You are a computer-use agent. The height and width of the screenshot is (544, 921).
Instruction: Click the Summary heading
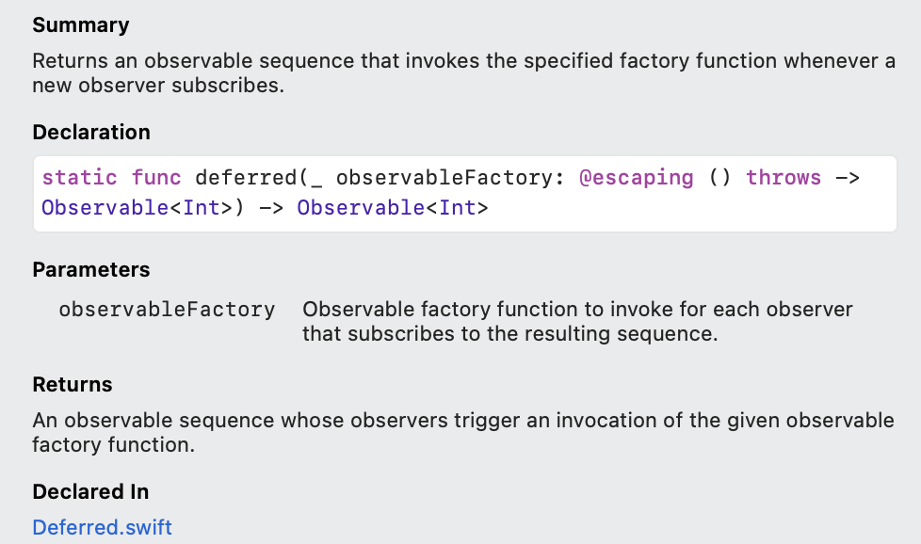click(81, 25)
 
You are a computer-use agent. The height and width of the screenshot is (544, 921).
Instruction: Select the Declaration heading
click(91, 133)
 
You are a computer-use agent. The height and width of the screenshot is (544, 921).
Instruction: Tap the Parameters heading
click(91, 270)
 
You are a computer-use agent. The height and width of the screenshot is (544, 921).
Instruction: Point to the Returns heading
click(73, 385)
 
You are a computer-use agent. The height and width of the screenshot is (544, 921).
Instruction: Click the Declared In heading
click(90, 492)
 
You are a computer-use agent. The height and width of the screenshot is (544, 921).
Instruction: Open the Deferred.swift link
click(103, 527)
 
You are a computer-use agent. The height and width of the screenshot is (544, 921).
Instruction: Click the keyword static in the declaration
click(80, 178)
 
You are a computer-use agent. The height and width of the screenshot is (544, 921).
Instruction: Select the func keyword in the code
click(156, 178)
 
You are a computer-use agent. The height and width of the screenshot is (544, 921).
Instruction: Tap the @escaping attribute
click(636, 178)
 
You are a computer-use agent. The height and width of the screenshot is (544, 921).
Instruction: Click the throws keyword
click(784, 178)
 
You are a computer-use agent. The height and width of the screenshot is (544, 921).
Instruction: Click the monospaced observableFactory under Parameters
click(167, 310)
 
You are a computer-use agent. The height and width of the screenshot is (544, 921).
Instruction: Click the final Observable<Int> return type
click(393, 208)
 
